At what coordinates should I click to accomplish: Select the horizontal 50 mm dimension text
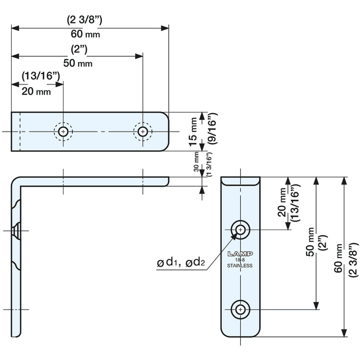click(x=78, y=63)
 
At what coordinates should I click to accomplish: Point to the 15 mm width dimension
click(x=193, y=130)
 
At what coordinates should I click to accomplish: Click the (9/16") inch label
click(x=212, y=130)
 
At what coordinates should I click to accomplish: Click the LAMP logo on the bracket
click(x=240, y=254)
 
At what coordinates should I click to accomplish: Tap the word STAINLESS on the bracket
click(x=240, y=265)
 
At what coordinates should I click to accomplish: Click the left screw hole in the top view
click(x=64, y=132)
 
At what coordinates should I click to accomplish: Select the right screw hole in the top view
click(x=143, y=132)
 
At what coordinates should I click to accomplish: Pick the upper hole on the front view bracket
click(x=241, y=229)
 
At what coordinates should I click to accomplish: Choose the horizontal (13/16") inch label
click(x=39, y=75)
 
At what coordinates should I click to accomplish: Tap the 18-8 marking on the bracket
click(x=240, y=259)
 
